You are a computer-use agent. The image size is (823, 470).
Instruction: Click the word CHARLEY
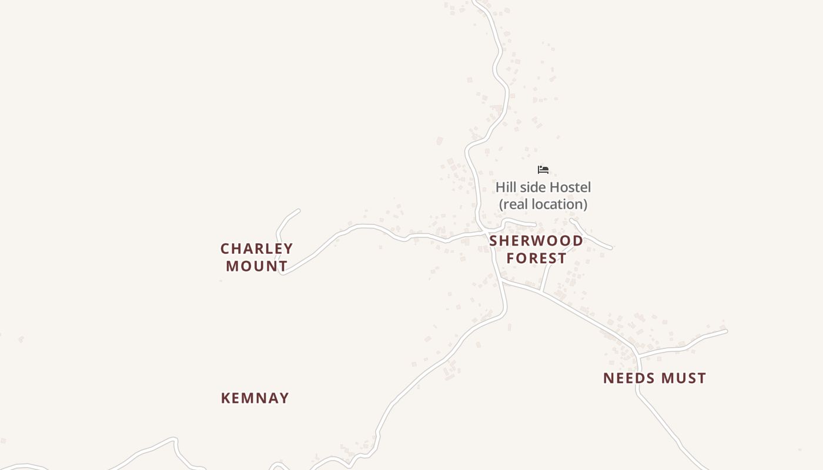pos(256,249)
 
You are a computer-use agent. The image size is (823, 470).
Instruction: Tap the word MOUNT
pos(256,266)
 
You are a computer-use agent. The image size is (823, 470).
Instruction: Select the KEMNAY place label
pos(255,398)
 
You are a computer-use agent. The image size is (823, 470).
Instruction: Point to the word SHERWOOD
pos(536,241)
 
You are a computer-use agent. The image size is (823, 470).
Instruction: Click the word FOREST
pos(536,258)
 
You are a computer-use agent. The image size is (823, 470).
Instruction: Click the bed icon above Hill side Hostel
pos(543,170)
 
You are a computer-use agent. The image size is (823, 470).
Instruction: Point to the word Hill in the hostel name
pos(506,187)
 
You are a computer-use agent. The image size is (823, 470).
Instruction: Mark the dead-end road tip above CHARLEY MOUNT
pos(299,210)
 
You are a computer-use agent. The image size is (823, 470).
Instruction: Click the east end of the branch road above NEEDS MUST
pos(726,331)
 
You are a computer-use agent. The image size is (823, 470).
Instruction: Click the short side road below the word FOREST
pos(546,276)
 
